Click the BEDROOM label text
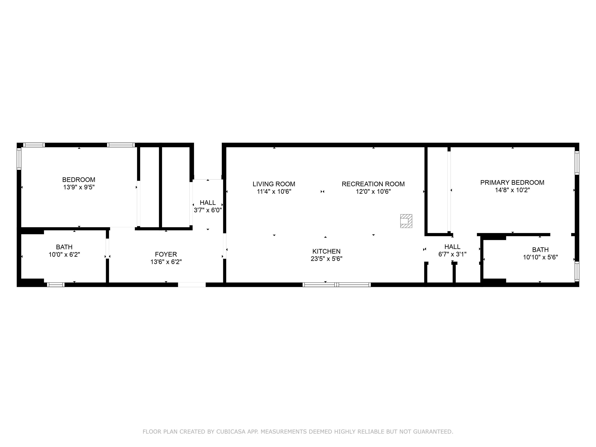(79, 180)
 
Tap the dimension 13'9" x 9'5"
(79, 187)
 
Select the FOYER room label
(166, 254)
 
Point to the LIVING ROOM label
(274, 184)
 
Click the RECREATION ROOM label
(373, 184)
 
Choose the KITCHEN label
(326, 251)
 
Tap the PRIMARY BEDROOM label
(512, 183)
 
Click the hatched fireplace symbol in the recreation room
(406, 221)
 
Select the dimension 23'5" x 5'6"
(326, 259)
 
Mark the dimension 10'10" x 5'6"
(540, 257)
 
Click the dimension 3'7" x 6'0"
(208, 210)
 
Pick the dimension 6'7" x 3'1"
(452, 254)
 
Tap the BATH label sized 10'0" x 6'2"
(64, 247)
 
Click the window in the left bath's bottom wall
(56, 284)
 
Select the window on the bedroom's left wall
(19, 159)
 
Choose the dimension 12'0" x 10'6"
(373, 192)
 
